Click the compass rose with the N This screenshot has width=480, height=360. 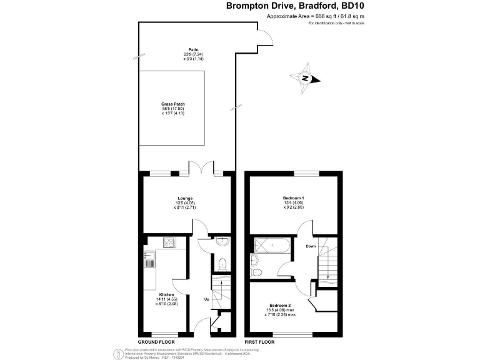pyautogui.click(x=306, y=78)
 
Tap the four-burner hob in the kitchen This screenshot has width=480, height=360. pyautogui.click(x=169, y=242)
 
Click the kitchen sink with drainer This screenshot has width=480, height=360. pyautogui.click(x=150, y=259)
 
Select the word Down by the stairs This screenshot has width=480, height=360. pyautogui.click(x=311, y=246)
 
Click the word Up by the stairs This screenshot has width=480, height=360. pyautogui.click(x=206, y=299)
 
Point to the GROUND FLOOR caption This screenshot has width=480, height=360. pyautogui.click(x=156, y=342)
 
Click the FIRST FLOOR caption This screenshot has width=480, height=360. pyautogui.click(x=259, y=342)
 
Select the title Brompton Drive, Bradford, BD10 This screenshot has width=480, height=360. pyautogui.click(x=295, y=6)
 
